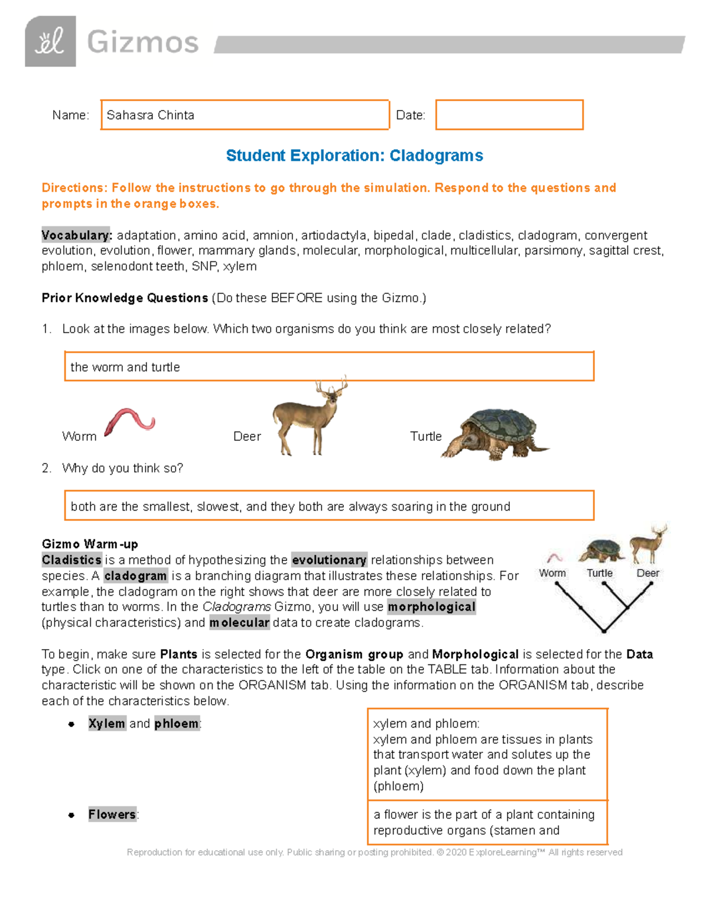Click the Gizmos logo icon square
tap(50, 41)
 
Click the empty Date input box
tap(509, 115)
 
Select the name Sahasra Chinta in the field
tap(150, 115)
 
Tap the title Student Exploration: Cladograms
tap(354, 155)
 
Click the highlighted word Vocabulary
tap(76, 235)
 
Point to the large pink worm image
tap(129, 421)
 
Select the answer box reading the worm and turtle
tap(329, 367)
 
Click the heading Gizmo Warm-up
tap(90, 544)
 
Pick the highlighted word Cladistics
tap(72, 560)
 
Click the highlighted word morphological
tap(431, 607)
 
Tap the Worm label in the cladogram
tap(552, 573)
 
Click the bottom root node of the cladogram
tap(604, 631)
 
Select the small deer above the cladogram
tap(648, 543)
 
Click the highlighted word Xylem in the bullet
tap(107, 724)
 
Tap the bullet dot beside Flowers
tap(71, 815)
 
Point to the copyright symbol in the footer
tap(440, 852)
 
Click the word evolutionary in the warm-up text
tap(329, 560)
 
